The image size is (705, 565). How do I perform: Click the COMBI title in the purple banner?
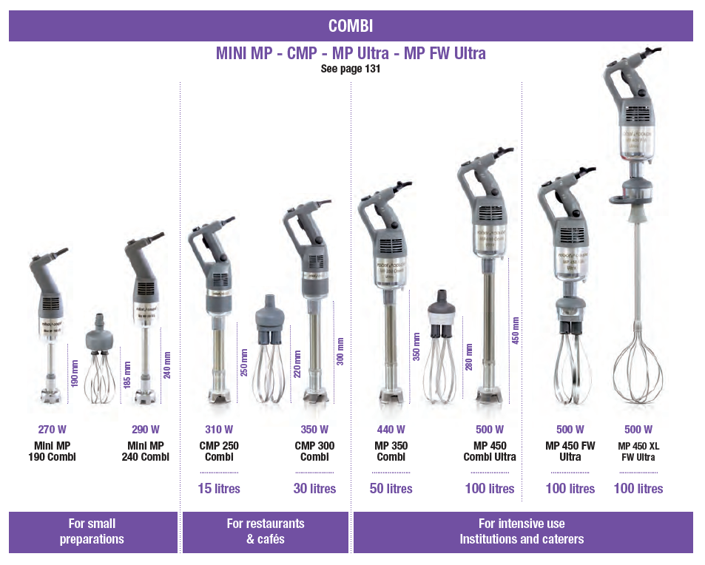(x=351, y=27)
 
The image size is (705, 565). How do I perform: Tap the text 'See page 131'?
(x=351, y=69)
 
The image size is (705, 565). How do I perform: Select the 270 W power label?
(x=52, y=430)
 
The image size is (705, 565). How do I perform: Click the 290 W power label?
(x=145, y=430)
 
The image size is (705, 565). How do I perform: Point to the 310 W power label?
(x=219, y=430)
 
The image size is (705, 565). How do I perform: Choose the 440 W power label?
(x=391, y=430)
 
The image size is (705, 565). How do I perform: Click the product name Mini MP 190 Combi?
(x=52, y=451)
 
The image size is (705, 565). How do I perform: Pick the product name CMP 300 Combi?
(x=314, y=451)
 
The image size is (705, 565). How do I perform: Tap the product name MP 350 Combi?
(x=391, y=451)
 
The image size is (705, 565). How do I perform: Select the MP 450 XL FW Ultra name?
(x=638, y=452)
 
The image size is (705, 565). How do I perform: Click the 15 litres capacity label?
(x=219, y=489)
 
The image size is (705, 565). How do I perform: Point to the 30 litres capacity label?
(x=314, y=489)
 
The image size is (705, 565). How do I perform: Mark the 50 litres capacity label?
(x=391, y=489)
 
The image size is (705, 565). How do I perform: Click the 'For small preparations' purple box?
(x=92, y=532)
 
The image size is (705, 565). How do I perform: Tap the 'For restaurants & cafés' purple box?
(x=266, y=532)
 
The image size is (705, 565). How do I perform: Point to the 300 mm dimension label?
(x=340, y=352)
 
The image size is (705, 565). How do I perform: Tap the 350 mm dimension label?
(x=417, y=346)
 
